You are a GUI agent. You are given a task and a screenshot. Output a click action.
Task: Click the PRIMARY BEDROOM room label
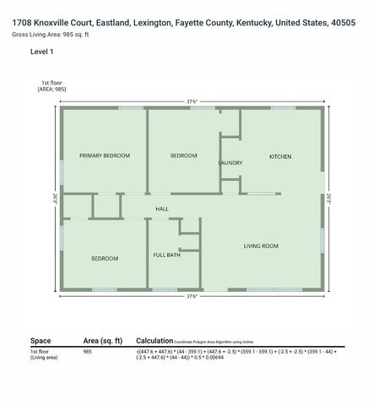pyautogui.click(x=105, y=156)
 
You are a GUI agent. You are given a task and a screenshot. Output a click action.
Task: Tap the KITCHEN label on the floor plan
pyautogui.click(x=280, y=156)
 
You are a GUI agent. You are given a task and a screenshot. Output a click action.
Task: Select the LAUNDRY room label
pyautogui.click(x=230, y=162)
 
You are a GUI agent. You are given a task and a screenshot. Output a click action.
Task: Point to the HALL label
pyautogui.click(x=162, y=208)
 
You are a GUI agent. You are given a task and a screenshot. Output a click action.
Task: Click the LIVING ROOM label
pyautogui.click(x=261, y=246)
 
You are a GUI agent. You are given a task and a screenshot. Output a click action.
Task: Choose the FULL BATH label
pyautogui.click(x=166, y=255)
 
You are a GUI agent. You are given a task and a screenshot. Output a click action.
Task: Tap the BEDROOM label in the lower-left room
pyautogui.click(x=105, y=258)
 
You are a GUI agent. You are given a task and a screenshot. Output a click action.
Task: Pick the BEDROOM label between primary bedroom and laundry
pyautogui.click(x=183, y=156)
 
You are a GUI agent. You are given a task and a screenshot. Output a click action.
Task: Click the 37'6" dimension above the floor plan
pyautogui.click(x=192, y=101)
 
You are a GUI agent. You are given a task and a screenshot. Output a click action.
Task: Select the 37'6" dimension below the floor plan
pyautogui.click(x=192, y=297)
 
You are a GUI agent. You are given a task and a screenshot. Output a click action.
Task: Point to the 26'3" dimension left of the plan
pyautogui.click(x=54, y=199)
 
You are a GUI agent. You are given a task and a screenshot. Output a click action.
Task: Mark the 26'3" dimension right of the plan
pyautogui.click(x=330, y=199)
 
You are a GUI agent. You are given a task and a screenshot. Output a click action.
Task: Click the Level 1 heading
pyautogui.click(x=41, y=52)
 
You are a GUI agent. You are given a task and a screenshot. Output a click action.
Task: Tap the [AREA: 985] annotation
pyautogui.click(x=51, y=89)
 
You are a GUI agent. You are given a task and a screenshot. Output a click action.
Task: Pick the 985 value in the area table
pyautogui.click(x=88, y=351)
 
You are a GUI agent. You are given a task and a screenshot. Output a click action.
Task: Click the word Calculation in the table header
pyautogui.click(x=154, y=340)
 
